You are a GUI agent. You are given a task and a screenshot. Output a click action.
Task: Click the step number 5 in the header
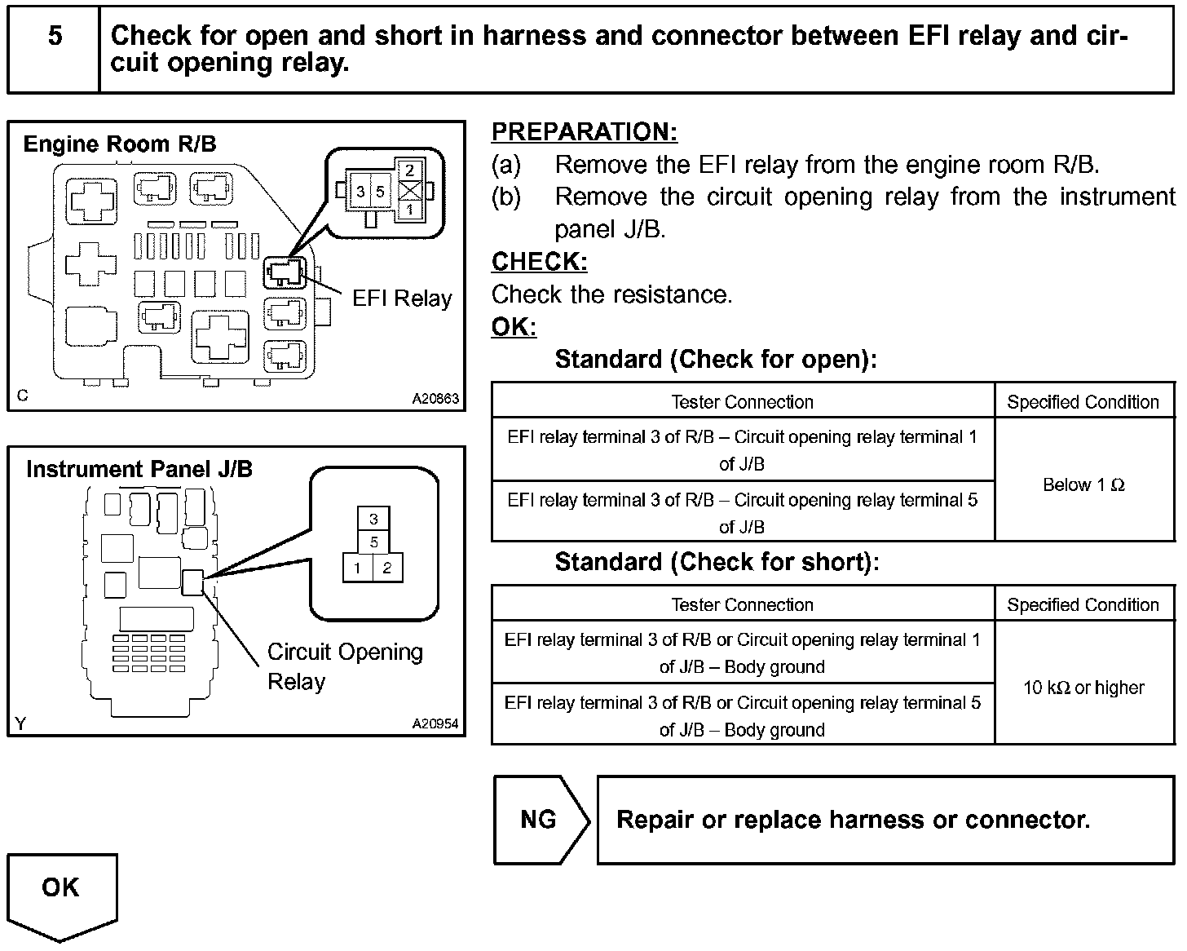point(55,36)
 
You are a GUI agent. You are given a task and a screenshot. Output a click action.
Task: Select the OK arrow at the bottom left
point(61,889)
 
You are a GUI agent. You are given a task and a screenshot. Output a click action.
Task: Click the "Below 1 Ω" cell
point(1083,484)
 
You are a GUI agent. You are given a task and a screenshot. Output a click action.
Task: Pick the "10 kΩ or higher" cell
point(1083,688)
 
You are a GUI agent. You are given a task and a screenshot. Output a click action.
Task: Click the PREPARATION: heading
point(584,131)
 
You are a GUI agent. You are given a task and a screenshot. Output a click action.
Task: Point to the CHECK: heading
point(539,262)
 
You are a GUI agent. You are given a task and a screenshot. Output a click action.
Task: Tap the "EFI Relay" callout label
point(402,299)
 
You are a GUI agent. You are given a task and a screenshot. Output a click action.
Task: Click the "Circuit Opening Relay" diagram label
point(345,666)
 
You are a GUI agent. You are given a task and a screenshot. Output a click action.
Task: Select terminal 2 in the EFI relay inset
point(410,170)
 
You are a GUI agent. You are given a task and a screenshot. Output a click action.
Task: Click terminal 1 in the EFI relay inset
point(410,210)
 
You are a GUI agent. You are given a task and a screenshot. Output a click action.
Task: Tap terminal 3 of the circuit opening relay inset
point(373,519)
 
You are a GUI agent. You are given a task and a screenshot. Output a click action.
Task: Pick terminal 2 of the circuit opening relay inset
point(387,568)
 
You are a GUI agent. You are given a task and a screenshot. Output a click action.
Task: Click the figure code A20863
point(435,399)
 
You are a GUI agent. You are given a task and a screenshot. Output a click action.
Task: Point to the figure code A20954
point(435,723)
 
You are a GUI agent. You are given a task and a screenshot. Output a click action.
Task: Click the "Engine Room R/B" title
point(120,144)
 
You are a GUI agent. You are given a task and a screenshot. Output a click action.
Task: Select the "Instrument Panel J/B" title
point(139,469)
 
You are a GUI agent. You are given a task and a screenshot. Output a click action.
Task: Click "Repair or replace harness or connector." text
point(853,819)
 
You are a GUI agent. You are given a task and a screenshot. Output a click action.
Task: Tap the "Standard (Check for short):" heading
point(717,562)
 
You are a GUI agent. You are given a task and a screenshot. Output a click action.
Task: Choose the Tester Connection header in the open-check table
point(742,401)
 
